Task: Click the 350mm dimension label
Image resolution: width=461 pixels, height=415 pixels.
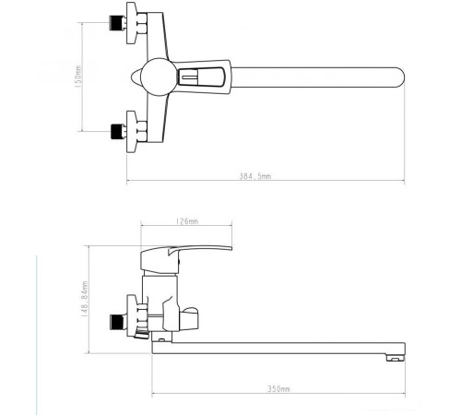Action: click(277, 388)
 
